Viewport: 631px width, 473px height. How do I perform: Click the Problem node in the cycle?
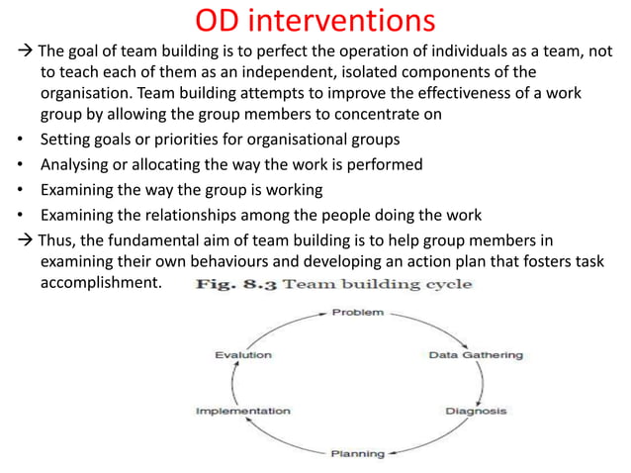point(357,312)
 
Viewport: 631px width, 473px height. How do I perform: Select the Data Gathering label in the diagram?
point(475,354)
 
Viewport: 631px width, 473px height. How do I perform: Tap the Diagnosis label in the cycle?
point(476,410)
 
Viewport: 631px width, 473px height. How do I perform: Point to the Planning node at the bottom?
point(356,453)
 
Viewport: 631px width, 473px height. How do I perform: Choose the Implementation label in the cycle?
point(243,410)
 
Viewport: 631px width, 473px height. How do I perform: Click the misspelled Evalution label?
point(243,354)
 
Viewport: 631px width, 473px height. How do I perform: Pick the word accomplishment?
point(100,282)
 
